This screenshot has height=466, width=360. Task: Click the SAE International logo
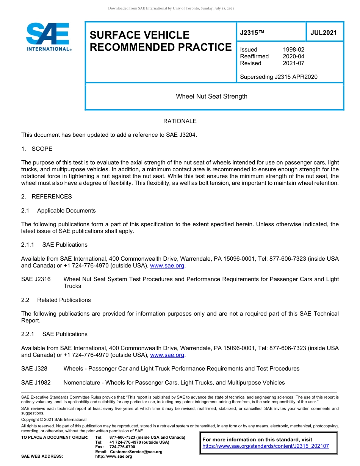coord(48,37)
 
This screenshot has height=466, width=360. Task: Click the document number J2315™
coord(252,33)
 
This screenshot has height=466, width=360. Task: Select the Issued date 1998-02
coord(293,50)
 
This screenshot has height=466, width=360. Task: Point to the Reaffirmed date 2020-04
coord(293,56)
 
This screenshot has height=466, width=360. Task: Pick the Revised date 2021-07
coord(293,63)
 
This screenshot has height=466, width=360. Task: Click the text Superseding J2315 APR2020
coord(279,77)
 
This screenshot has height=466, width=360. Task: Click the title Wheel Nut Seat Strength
coord(211,96)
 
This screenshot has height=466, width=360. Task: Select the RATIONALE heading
coord(180,121)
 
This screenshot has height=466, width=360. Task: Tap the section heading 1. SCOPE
coord(37,149)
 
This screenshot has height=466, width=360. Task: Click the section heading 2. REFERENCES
coord(46,197)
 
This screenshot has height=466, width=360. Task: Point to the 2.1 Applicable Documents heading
coord(58,211)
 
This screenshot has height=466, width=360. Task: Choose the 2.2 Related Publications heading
coord(56,300)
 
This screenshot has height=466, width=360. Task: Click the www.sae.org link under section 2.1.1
coord(167,266)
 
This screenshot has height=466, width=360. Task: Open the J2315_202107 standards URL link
coord(266,446)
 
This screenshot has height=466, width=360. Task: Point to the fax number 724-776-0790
coord(122,447)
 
